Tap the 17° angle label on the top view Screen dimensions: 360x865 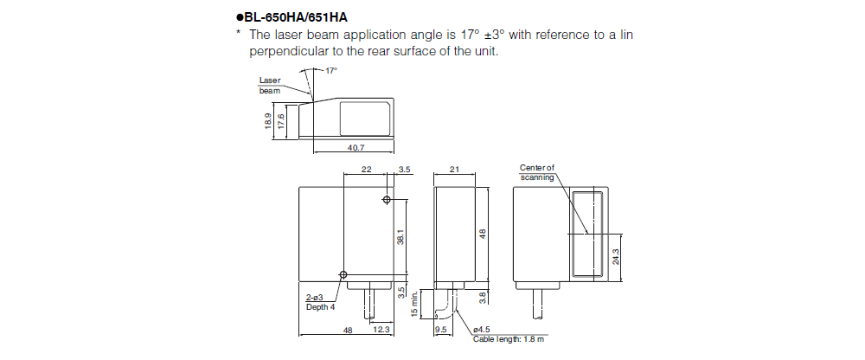point(330,70)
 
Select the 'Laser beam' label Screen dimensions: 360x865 point(270,85)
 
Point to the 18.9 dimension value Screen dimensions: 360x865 point(268,121)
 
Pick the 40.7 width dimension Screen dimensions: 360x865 point(354,148)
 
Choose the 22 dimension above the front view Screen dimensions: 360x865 point(367,170)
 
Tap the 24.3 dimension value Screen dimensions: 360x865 point(616,257)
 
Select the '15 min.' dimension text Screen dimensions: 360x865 point(414,304)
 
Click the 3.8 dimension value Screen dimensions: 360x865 point(483,296)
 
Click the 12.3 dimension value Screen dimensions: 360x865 point(381,330)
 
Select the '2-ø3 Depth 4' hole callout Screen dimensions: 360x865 point(319,302)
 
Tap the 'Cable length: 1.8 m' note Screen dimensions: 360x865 point(509,338)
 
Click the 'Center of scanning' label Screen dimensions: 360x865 point(536,172)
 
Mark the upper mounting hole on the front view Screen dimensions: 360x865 point(386,201)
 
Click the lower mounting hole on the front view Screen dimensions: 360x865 point(344,275)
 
